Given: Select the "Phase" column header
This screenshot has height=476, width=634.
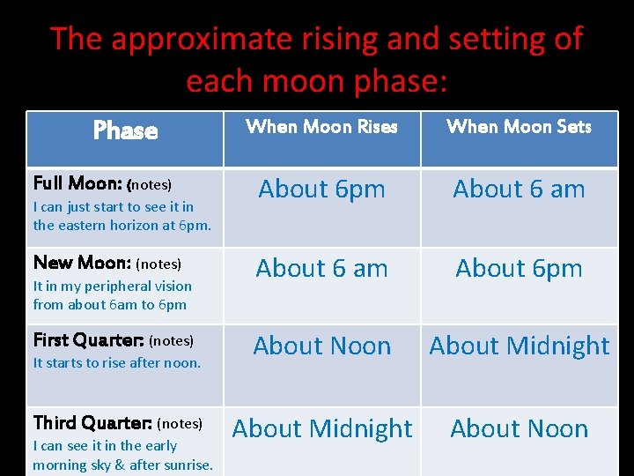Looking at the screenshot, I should click(x=125, y=131).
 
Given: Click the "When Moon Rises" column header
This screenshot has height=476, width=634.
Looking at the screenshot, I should click(x=321, y=127).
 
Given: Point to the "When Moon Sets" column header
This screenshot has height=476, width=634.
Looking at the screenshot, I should click(x=519, y=127).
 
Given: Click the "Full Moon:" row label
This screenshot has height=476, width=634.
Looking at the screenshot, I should click(x=77, y=184).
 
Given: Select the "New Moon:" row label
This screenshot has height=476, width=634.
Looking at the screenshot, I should click(x=82, y=263).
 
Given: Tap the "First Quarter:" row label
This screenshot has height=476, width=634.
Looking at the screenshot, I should click(x=89, y=340).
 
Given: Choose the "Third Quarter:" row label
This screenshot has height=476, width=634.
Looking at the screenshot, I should click(x=92, y=423).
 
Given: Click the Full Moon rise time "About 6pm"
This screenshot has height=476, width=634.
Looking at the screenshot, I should click(x=321, y=190).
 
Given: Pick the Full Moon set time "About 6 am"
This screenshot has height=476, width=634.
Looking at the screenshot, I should click(x=519, y=190).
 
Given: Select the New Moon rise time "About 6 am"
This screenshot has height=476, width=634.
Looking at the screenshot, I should click(x=321, y=269).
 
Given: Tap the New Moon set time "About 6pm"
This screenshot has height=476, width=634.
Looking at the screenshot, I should click(x=519, y=269).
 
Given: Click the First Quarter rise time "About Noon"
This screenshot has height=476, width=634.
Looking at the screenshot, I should click(x=321, y=346).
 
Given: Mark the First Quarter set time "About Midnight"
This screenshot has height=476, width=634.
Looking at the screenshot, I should click(x=519, y=346).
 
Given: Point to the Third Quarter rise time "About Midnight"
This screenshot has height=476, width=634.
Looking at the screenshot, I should click(x=321, y=429).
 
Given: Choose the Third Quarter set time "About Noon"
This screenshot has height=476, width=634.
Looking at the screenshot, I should click(x=519, y=429).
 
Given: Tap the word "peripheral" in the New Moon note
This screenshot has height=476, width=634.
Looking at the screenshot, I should click(x=113, y=286).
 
